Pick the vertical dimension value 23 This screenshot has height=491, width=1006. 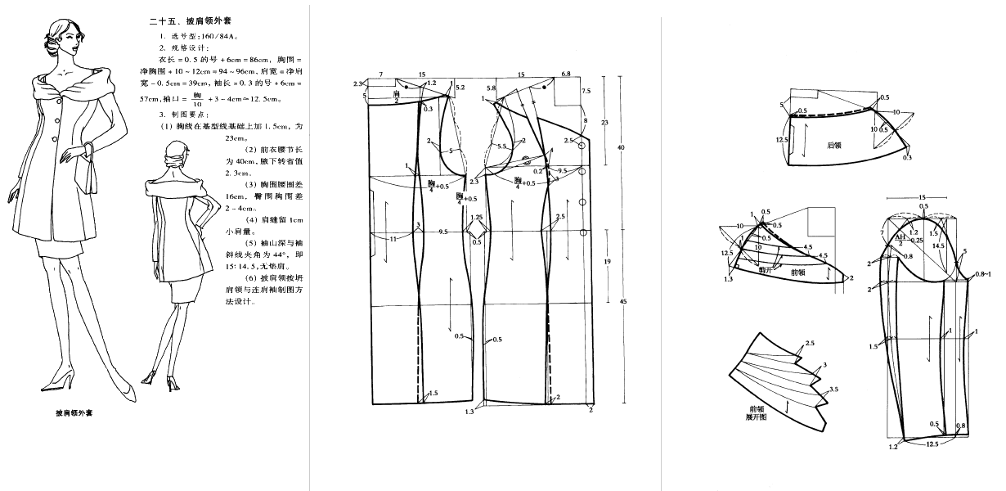(604, 122)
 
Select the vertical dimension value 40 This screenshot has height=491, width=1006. (622, 147)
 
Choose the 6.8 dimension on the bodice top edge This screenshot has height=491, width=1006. (566, 74)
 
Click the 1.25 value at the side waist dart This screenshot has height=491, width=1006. (477, 218)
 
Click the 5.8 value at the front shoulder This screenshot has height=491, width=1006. (491, 87)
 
